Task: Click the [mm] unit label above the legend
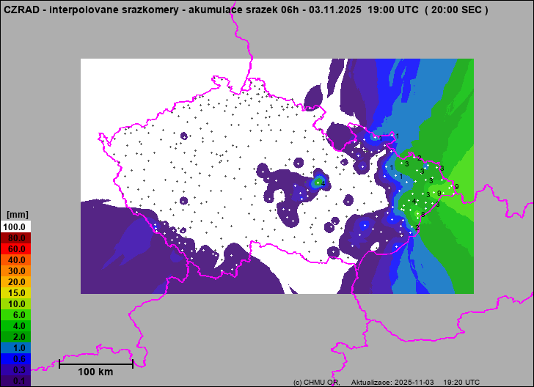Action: coord(16,215)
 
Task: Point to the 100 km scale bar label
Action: coord(95,372)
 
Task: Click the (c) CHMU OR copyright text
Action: coord(315,383)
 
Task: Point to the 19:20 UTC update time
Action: coord(462,383)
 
